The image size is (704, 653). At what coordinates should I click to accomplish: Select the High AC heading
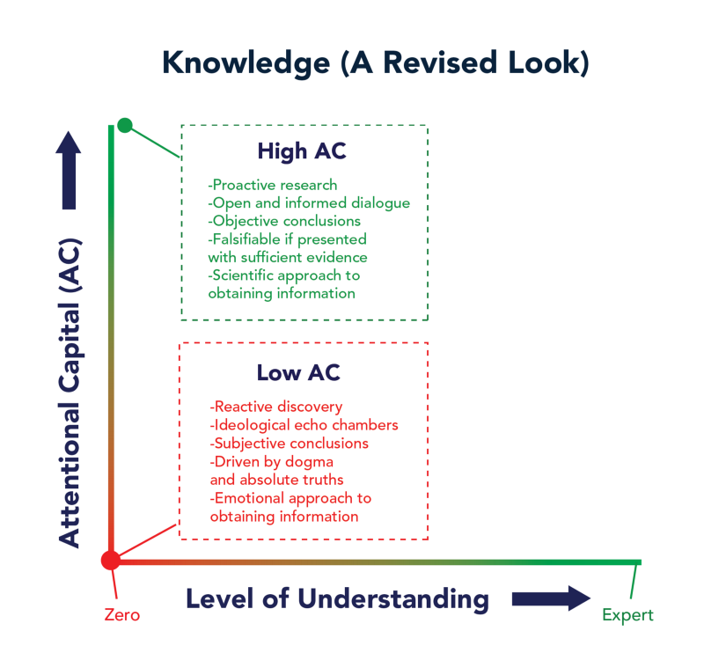302,151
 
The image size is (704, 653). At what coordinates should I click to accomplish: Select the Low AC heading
298,372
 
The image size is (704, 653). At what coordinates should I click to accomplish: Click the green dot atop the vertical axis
125,125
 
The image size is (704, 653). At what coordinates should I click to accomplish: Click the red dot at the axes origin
111,560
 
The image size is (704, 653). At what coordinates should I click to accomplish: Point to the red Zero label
120,613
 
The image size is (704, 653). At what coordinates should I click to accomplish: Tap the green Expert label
628,614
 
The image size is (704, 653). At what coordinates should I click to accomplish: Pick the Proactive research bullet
273,185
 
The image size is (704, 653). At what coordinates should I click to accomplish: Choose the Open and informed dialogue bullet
309,202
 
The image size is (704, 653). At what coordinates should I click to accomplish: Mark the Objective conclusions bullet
284,221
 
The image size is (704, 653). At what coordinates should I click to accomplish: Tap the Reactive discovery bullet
276,407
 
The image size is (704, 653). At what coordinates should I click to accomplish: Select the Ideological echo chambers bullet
304,425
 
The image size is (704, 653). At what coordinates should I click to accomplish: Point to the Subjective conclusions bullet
290,444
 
